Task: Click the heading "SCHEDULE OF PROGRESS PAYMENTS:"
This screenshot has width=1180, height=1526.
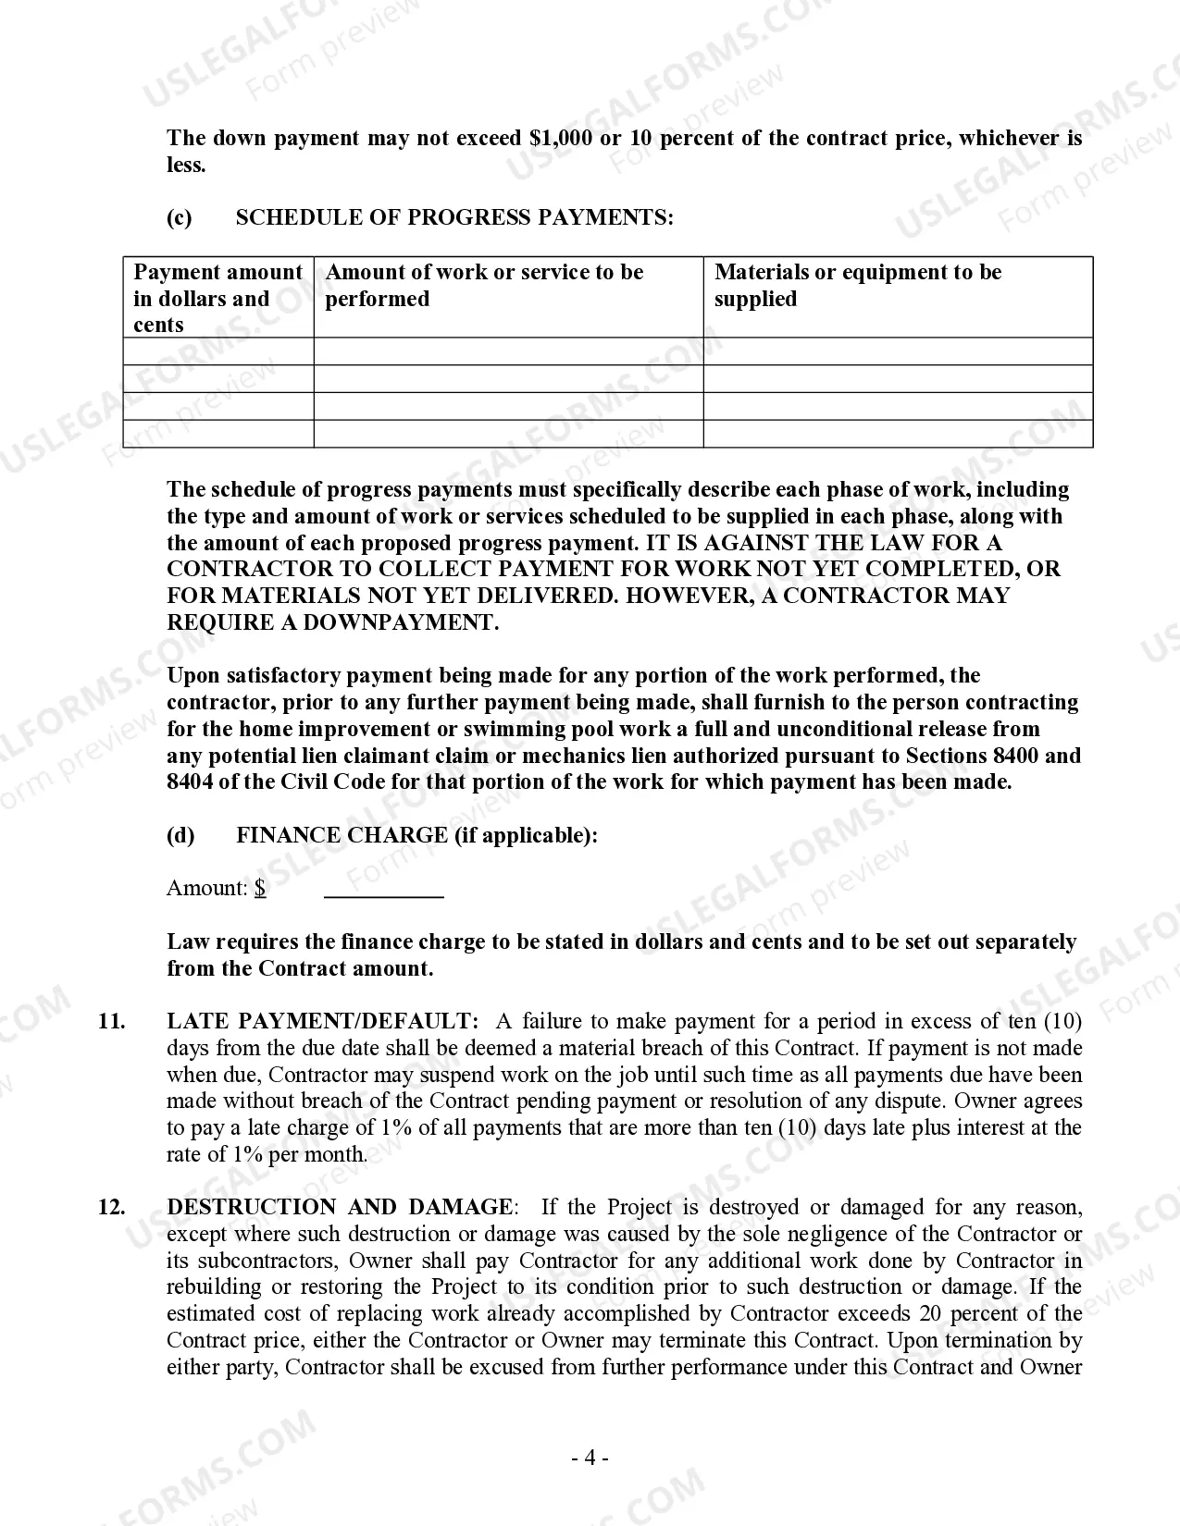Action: point(454,217)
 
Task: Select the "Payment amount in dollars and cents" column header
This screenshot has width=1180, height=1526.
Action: point(217,298)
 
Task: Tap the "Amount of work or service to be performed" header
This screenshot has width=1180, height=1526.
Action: point(484,285)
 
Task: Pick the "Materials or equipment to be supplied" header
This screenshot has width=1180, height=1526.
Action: point(857,285)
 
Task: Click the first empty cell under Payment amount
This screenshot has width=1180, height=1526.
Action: point(218,351)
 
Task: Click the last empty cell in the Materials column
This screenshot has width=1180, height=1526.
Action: point(898,434)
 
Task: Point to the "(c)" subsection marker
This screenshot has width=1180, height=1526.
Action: point(180,217)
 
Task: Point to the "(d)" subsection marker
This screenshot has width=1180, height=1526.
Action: point(180,835)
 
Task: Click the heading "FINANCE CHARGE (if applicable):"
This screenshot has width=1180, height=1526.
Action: point(416,835)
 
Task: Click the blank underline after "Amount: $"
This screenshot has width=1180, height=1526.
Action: point(384,890)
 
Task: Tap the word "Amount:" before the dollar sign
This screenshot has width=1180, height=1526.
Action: point(207,889)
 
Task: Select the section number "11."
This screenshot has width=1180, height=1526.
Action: point(112,1022)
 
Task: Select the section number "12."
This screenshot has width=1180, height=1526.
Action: point(112,1207)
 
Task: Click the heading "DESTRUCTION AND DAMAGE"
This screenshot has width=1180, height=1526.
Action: point(339,1207)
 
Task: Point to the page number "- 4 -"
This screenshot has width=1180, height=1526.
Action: point(590,1458)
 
